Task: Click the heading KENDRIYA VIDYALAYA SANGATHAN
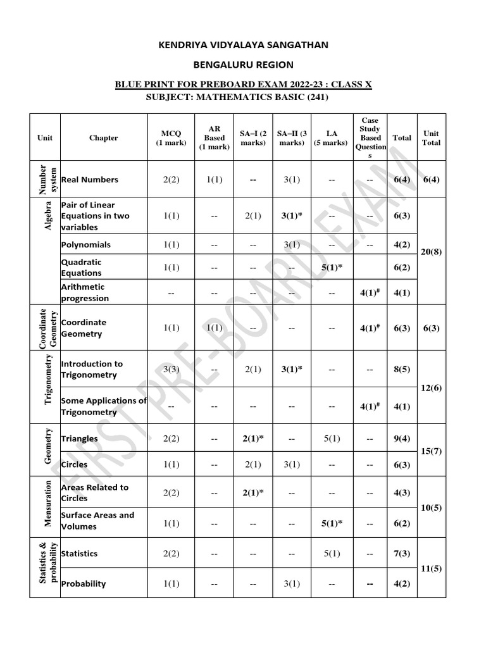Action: tap(243, 44)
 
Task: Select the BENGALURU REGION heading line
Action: tap(243, 65)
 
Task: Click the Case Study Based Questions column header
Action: tap(370, 138)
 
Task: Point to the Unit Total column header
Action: tap(431, 138)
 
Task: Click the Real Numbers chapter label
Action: tap(89, 180)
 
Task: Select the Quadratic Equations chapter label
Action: tap(81, 268)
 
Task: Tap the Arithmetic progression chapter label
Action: tap(85, 292)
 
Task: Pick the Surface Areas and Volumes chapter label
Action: tap(97, 521)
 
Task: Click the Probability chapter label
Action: tap(84, 583)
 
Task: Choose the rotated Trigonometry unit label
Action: tap(47, 387)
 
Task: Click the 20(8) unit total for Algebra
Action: tap(431, 251)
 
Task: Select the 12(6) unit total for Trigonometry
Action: tap(431, 387)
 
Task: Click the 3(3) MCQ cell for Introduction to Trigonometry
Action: tap(171, 369)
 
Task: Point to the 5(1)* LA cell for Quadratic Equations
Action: tap(332, 268)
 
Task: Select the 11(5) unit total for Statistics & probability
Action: tap(431, 568)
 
